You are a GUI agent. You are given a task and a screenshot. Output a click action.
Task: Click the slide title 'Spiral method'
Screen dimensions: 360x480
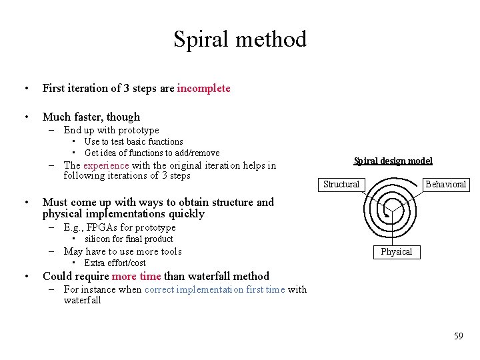click(240, 39)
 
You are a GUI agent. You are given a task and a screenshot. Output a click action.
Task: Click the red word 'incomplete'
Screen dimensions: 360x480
click(203, 88)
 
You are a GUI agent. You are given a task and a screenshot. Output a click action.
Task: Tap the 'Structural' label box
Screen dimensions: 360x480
click(341, 184)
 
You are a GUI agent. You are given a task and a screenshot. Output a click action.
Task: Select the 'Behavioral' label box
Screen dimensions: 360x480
click(446, 184)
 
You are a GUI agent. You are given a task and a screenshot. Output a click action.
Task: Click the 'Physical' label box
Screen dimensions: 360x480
click(397, 251)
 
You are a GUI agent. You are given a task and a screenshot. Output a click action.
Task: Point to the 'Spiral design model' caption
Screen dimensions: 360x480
click(393, 161)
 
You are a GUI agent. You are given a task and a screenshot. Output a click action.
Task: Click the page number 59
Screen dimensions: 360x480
click(458, 336)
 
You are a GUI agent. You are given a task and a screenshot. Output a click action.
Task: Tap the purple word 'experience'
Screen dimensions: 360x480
click(106, 165)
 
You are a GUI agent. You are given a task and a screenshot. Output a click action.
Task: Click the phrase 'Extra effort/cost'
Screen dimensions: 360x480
click(115, 263)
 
